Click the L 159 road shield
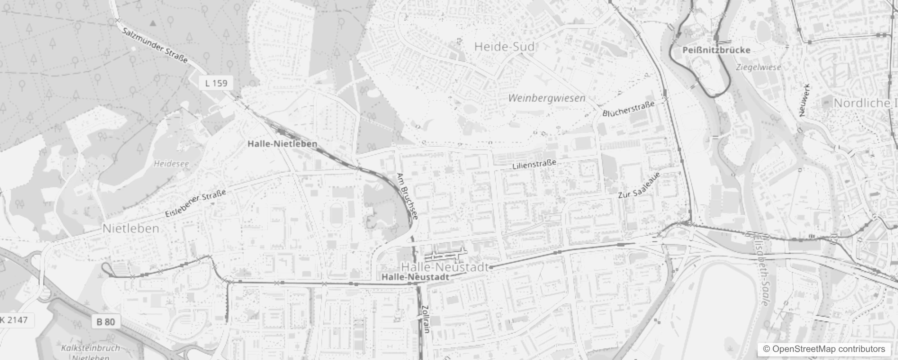tap(216, 83)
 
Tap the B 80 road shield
tap(106, 322)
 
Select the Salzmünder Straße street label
tap(155, 45)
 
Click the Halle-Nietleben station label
tap(283, 144)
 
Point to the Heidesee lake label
tap(171, 164)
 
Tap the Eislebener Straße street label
tap(196, 204)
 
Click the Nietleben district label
tap(131, 229)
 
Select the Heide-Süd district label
tap(505, 46)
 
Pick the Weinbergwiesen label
tap(547, 98)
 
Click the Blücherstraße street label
tap(629, 108)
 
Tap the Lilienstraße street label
tap(534, 164)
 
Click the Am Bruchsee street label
tap(407, 196)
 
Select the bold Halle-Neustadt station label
tap(415, 277)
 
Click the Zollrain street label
tap(426, 319)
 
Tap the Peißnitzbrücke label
tap(716, 50)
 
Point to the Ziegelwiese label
tap(759, 67)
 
